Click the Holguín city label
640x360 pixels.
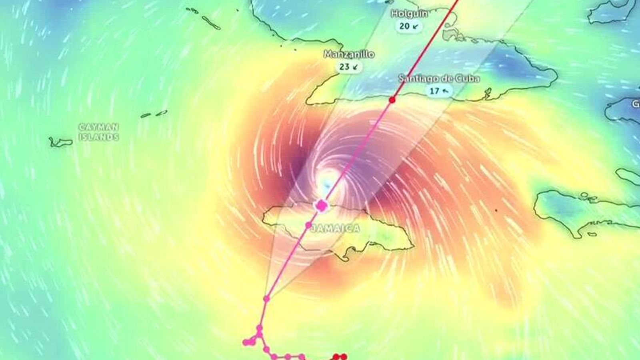[x=409, y=14]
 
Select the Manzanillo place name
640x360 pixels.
[x=349, y=54]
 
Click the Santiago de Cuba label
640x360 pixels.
[x=439, y=79]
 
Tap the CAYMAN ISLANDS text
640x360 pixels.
[x=99, y=132]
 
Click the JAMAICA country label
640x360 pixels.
[x=335, y=228]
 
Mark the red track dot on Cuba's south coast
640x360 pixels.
[x=392, y=100]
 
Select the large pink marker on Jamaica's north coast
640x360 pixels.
[x=321, y=206]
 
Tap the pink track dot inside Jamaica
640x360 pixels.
[x=308, y=225]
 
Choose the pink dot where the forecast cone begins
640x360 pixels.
[x=266, y=298]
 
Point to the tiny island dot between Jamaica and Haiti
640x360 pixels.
[x=496, y=210]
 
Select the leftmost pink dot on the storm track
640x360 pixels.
[x=246, y=342]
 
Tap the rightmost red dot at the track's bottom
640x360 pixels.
[x=344, y=356]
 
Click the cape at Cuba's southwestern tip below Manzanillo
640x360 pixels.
[x=308, y=102]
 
